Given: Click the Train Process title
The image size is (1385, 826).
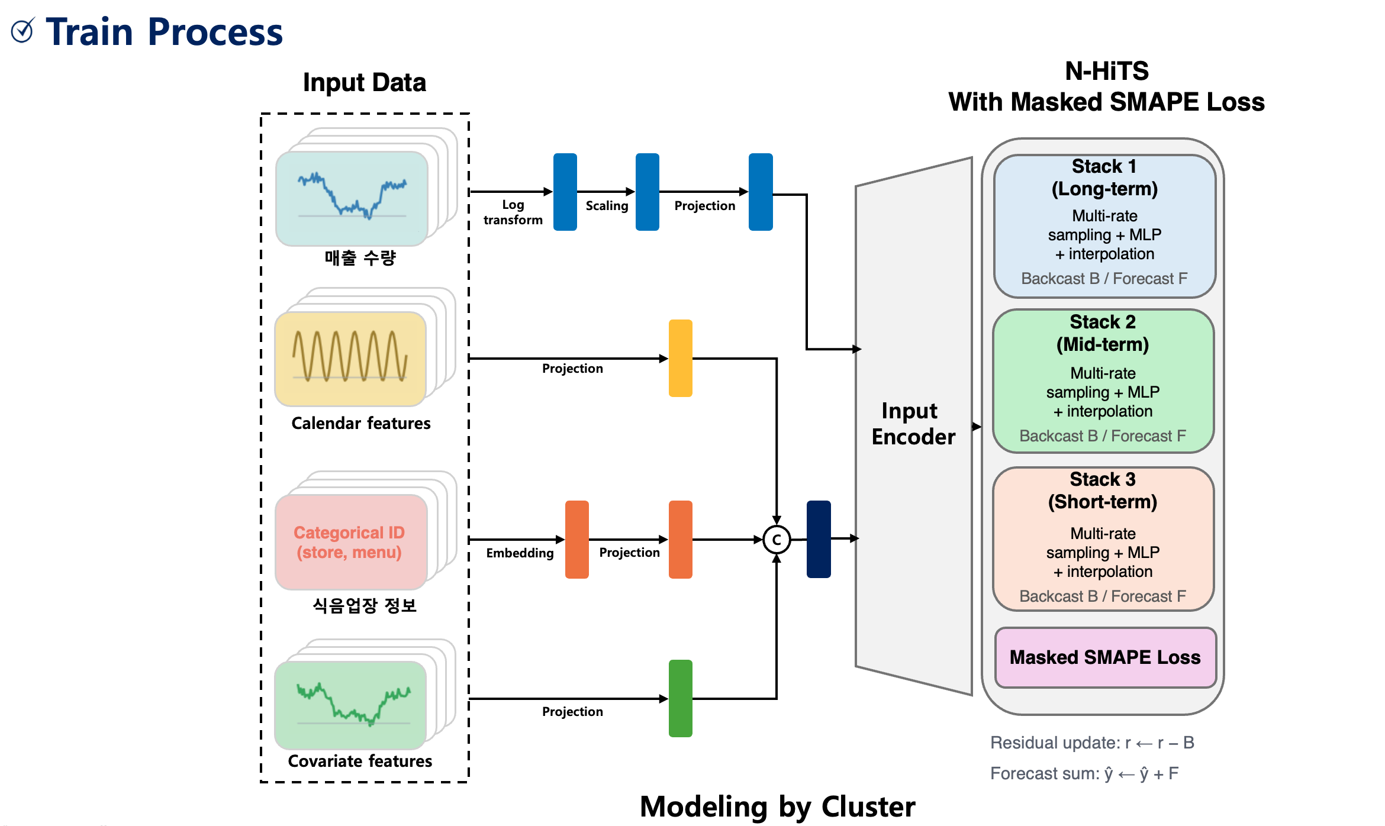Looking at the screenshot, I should pyautogui.click(x=164, y=32).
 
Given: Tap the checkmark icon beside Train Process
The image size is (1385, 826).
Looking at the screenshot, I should pyautogui.click(x=23, y=31).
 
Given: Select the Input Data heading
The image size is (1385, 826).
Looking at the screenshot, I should pyautogui.click(x=364, y=82).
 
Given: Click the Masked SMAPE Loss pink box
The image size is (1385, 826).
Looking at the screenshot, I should pyautogui.click(x=1104, y=657).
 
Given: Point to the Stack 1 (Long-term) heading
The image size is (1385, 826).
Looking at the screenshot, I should pyautogui.click(x=1104, y=178).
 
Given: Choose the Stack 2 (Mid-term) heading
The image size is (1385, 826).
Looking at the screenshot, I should pyautogui.click(x=1103, y=333).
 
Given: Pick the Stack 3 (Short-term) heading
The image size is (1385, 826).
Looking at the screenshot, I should pyautogui.click(x=1103, y=491).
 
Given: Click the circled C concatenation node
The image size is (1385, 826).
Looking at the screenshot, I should pyautogui.click(x=776, y=540).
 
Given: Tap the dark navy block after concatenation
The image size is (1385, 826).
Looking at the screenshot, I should pyautogui.click(x=819, y=539).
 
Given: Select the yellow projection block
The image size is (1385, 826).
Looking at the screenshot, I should pyautogui.click(x=680, y=358).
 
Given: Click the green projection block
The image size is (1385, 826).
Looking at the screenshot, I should pyautogui.click(x=680, y=698).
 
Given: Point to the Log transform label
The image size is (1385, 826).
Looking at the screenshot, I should pyautogui.click(x=513, y=212).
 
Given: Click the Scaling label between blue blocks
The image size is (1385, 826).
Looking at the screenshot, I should pyautogui.click(x=607, y=206).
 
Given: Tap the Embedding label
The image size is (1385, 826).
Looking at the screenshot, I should pyautogui.click(x=520, y=553).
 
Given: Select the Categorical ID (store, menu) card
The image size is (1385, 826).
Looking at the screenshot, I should pyautogui.click(x=350, y=542).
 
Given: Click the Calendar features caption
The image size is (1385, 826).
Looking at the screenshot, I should pyautogui.click(x=360, y=424).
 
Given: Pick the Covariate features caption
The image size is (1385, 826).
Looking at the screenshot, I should pyautogui.click(x=360, y=761).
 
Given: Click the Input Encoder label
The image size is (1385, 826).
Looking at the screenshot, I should pyautogui.click(x=913, y=424).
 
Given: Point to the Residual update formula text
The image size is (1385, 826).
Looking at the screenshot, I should pyautogui.click(x=1092, y=743).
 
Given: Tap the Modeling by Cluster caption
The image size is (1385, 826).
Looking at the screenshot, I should pyautogui.click(x=777, y=807).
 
